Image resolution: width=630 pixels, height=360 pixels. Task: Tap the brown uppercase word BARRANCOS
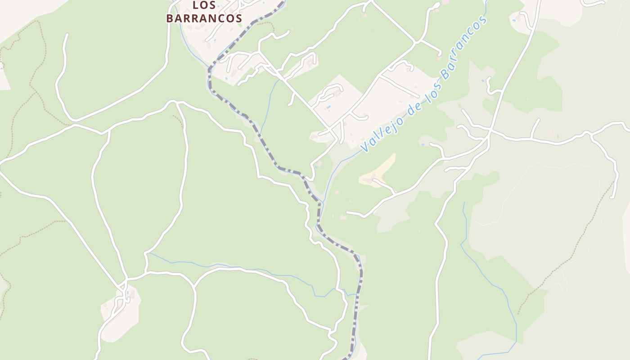[x=204, y=18]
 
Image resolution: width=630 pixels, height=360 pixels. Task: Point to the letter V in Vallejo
[x=364, y=148]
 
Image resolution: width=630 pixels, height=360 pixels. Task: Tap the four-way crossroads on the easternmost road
[x=490, y=131]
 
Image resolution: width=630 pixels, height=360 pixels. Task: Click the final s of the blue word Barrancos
[x=484, y=21]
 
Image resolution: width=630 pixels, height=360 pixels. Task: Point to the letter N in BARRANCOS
[x=211, y=18]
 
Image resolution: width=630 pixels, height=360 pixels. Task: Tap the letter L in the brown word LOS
[x=195, y=5]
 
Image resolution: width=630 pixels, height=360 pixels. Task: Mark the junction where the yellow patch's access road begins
[x=395, y=193]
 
